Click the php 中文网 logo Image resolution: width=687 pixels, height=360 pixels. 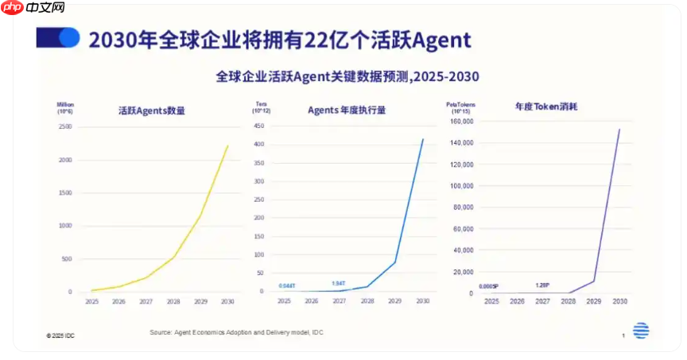tap(33, 10)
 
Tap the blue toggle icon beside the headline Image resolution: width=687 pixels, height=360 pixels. tap(59, 38)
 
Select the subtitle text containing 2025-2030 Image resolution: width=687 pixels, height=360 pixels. tap(347, 76)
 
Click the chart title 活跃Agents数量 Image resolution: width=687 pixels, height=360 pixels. tap(151, 110)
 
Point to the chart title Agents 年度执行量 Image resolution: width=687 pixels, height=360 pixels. tap(347, 110)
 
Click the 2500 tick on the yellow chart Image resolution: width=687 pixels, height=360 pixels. tap(66, 127)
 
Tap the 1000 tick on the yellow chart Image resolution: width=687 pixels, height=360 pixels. tap(66, 226)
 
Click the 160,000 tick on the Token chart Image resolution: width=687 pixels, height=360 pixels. tap(462, 122)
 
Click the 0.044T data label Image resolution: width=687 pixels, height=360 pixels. tap(287, 285)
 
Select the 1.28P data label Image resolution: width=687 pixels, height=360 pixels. tap(542, 285)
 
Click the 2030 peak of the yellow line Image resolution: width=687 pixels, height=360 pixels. tap(227, 145)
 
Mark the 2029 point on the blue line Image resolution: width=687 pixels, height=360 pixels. tap(395, 262)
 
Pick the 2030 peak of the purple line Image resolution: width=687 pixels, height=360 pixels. tap(619, 129)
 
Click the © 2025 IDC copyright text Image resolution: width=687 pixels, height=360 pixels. tap(60, 336)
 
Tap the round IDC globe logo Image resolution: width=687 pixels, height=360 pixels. tap(641, 331)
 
